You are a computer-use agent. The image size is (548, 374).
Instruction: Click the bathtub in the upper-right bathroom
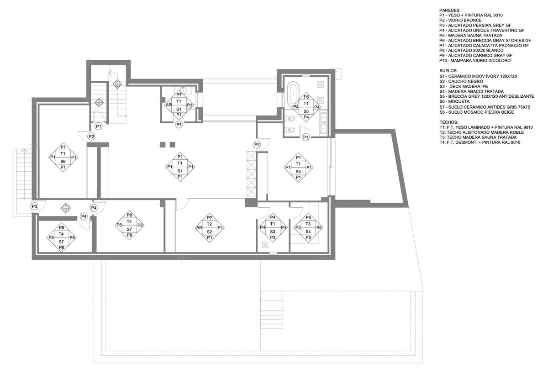click(293, 94)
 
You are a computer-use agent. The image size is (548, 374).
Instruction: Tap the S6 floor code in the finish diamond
click(63, 162)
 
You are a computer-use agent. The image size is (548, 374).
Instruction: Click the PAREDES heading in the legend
click(450, 10)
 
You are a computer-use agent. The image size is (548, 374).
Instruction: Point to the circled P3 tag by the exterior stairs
click(35, 206)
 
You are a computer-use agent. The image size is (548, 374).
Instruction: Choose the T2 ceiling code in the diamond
click(209, 224)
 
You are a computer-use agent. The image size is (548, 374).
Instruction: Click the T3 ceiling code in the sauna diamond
click(308, 224)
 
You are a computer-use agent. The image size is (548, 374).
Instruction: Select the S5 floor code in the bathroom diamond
click(306, 111)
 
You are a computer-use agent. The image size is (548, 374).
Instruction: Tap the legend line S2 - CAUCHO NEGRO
click(461, 81)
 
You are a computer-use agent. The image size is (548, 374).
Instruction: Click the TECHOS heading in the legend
click(448, 122)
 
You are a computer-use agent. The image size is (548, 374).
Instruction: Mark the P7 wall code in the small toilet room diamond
click(179, 95)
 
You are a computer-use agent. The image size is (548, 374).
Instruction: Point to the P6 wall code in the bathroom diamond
click(306, 97)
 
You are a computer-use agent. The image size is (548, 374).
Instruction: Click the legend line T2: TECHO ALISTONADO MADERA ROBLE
click(481, 132)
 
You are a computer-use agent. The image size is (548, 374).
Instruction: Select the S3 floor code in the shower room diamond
click(273, 232)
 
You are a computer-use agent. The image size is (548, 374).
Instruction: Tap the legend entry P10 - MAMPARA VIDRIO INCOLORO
click(475, 60)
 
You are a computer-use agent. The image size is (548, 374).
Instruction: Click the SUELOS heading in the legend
click(448, 71)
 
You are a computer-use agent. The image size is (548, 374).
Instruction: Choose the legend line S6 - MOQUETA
click(454, 101)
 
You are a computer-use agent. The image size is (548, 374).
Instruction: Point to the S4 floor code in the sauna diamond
click(308, 232)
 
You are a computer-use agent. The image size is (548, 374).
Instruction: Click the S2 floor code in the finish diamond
click(209, 232)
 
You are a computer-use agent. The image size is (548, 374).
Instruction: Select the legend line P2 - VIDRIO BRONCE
click(460, 20)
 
